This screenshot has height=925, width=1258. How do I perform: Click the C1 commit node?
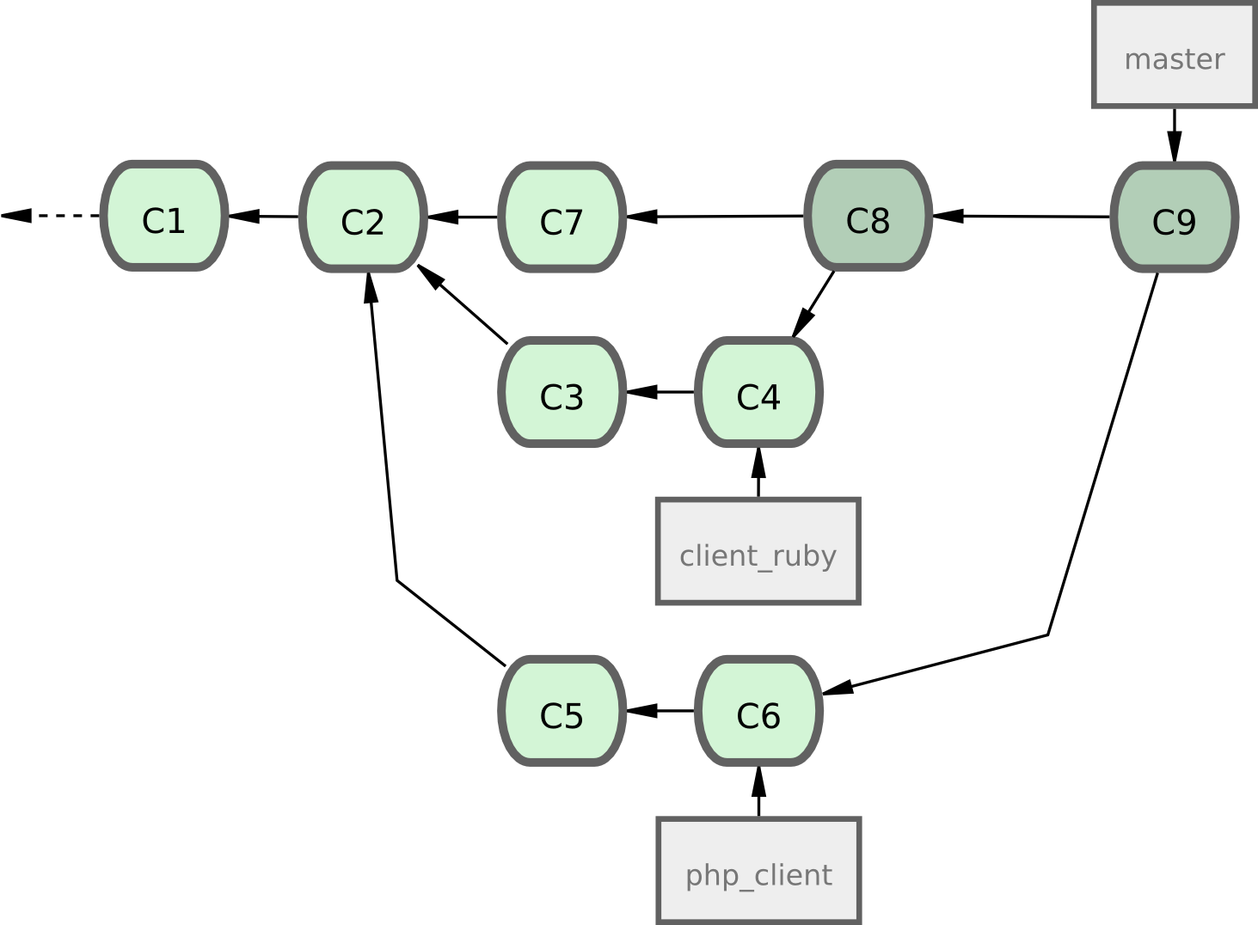[163, 217]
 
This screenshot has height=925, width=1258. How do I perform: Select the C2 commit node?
[363, 217]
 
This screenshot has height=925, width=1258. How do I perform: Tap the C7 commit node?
[561, 217]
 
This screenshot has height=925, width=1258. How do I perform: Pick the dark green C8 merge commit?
[868, 217]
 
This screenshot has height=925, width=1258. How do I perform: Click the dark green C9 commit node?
[1174, 217]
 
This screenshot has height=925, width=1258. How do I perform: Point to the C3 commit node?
[561, 393]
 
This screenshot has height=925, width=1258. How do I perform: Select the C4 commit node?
[758, 393]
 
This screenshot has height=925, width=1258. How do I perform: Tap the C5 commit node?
[561, 711]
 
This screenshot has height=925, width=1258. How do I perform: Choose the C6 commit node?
[758, 711]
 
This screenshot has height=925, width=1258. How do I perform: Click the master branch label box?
[1174, 56]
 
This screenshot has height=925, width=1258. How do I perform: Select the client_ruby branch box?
[758, 551]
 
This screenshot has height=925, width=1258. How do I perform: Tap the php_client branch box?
[758, 871]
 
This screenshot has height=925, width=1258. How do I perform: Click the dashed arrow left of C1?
[52, 216]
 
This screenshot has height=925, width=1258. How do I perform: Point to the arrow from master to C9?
[1175, 133]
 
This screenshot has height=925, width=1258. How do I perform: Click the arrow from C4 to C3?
[660, 393]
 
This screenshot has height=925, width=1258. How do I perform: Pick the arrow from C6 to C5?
[660, 711]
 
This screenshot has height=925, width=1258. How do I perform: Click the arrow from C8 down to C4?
[813, 304]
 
